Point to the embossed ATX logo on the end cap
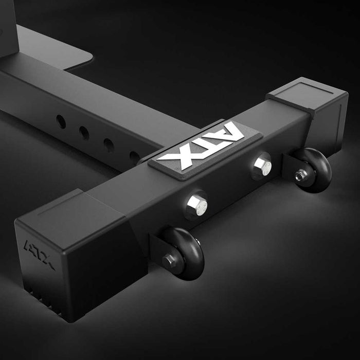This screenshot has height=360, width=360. coord(39,255)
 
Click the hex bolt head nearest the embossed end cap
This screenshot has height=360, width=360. coord(197,206)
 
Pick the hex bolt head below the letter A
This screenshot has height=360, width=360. coord(262,165)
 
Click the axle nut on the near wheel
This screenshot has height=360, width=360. coord(169,261)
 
